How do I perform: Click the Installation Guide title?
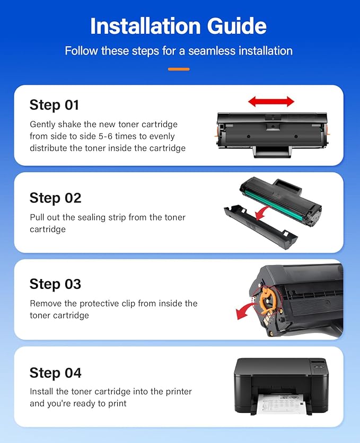point(178,26)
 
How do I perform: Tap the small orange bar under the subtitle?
point(178,69)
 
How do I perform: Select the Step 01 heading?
point(54,105)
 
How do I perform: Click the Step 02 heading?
point(55,198)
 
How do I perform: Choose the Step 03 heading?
point(55,284)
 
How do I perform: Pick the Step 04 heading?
point(55,373)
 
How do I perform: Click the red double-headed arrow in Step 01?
point(271,101)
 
